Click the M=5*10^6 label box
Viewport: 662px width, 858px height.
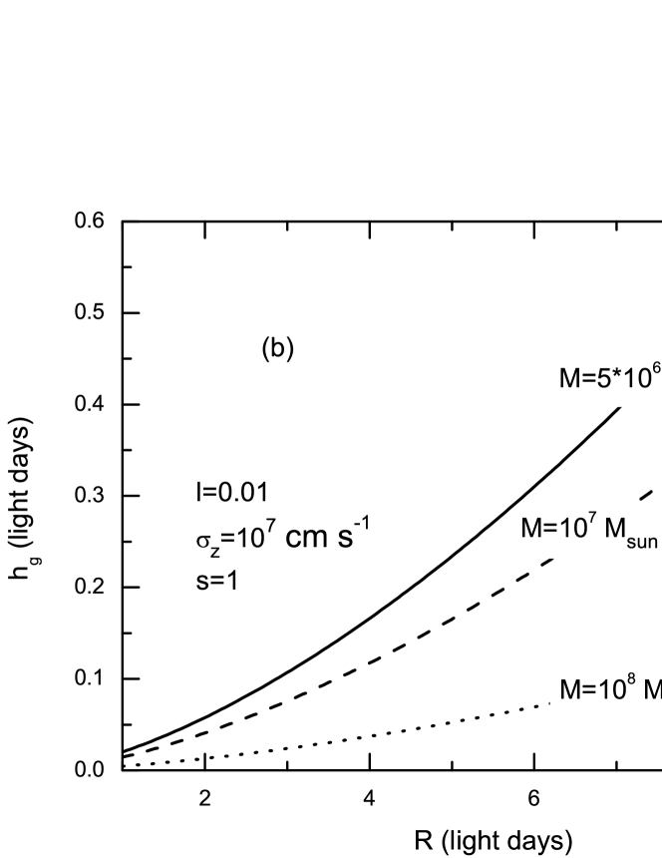607,378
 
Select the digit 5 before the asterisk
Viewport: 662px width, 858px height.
603,380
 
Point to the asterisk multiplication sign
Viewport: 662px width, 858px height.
616,376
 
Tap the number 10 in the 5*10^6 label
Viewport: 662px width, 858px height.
635,380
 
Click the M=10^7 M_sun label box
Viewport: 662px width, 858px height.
588,531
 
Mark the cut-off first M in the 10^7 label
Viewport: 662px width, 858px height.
530,531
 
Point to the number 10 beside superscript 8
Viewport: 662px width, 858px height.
609,689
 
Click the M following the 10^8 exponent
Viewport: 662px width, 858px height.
652,689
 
